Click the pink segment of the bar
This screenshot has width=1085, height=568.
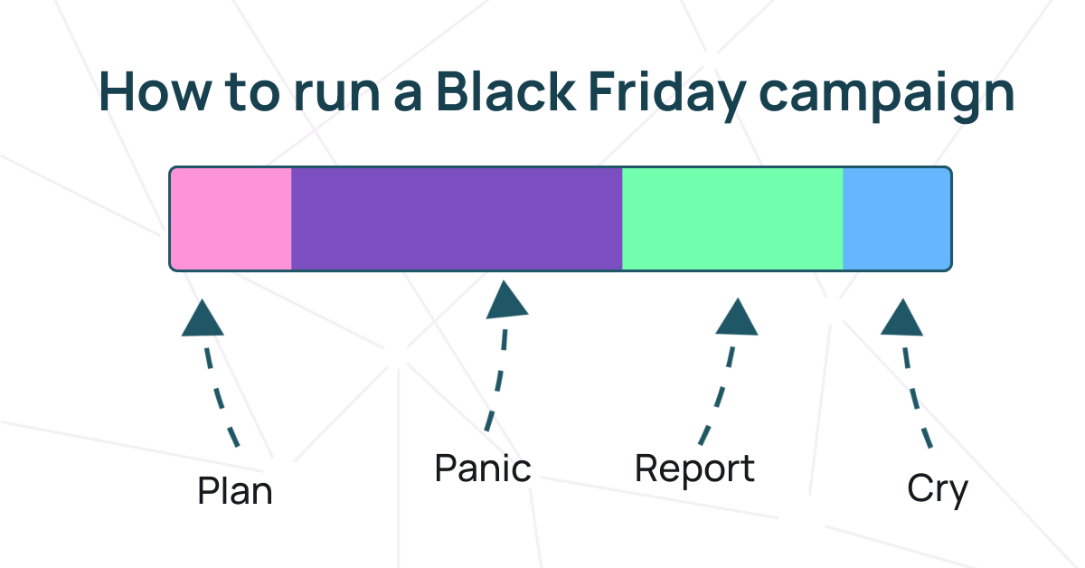click(x=231, y=218)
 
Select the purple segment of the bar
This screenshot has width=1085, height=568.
click(x=457, y=218)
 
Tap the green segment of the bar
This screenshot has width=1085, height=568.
click(x=732, y=218)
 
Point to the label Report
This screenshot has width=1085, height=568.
click(x=694, y=469)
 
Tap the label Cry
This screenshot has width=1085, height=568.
click(x=938, y=489)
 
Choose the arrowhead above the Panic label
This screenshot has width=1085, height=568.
click(x=506, y=301)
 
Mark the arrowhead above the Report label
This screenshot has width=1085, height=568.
click(x=737, y=317)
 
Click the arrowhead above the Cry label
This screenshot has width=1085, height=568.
click(x=901, y=318)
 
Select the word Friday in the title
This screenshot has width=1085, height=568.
click(x=665, y=92)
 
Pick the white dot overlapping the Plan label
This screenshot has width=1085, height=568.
click(x=281, y=474)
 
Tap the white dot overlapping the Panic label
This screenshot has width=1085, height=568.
click(x=527, y=473)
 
